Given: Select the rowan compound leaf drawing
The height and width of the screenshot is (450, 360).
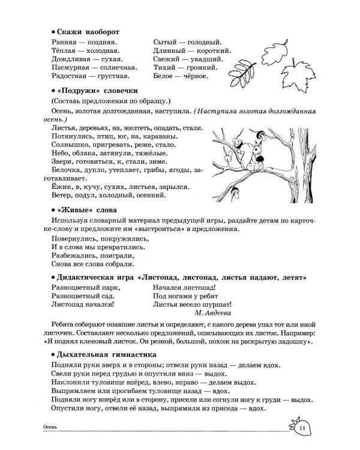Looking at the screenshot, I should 245,68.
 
